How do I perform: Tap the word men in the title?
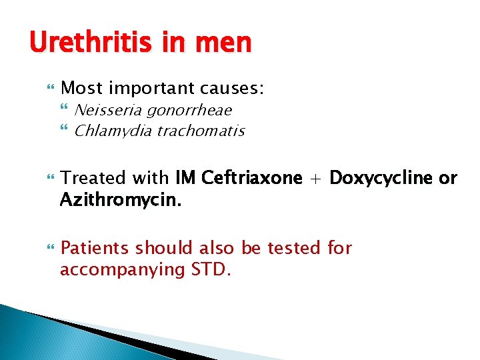(x=225, y=43)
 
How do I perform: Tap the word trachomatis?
(x=202, y=131)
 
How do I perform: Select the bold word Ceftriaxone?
(x=251, y=178)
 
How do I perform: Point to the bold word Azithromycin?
(x=111, y=199)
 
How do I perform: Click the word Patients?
(x=95, y=249)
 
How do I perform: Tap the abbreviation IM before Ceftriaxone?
(x=186, y=178)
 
